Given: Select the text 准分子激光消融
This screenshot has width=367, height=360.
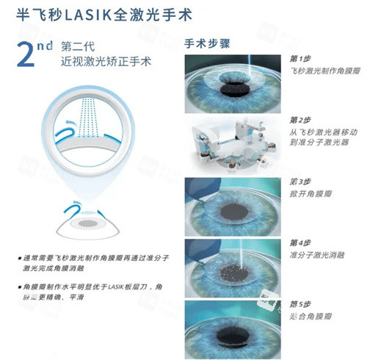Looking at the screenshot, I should click(317, 256).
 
